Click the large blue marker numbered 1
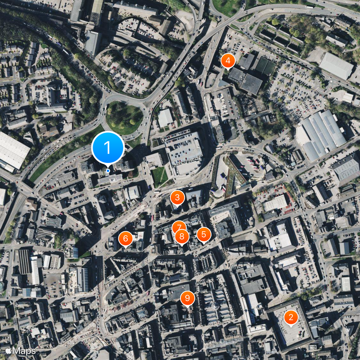(x=108, y=147)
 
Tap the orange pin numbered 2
(x=291, y=318)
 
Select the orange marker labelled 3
(x=177, y=197)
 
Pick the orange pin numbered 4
(x=228, y=60)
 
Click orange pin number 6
(x=126, y=238)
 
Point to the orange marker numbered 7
(x=179, y=228)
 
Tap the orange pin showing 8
(x=182, y=236)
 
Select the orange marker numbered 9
(x=188, y=297)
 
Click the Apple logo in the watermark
(x=8, y=350)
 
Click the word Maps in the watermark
(x=24, y=350)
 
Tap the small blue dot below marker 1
(x=108, y=171)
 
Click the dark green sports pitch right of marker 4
(x=265, y=67)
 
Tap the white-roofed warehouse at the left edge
(x=12, y=151)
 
